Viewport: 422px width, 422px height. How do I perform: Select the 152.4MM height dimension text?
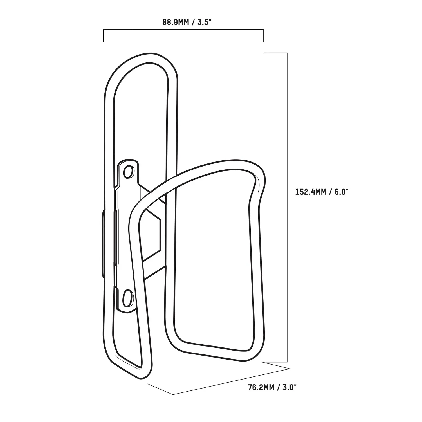(x=311, y=192)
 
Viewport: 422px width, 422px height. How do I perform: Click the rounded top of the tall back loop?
(x=143, y=58)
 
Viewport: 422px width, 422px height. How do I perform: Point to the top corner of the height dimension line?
(x=287, y=53)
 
